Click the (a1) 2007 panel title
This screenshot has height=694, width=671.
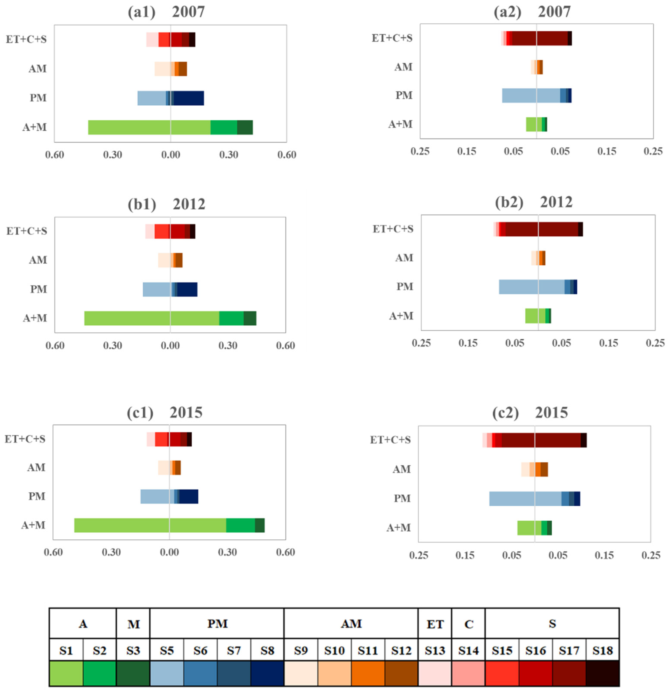(166, 12)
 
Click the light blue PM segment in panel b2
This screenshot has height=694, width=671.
(531, 287)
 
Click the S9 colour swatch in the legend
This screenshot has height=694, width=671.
(301, 673)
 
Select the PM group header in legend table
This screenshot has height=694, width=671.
(217, 623)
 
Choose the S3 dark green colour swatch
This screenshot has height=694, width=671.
(133, 673)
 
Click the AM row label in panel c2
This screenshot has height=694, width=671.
(402, 469)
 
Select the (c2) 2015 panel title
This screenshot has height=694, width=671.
(530, 413)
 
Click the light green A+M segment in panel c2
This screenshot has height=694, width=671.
(529, 528)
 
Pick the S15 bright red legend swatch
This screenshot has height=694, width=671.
(502, 673)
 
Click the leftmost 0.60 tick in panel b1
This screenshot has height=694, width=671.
(55, 345)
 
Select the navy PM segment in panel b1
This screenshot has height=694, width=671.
(187, 289)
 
